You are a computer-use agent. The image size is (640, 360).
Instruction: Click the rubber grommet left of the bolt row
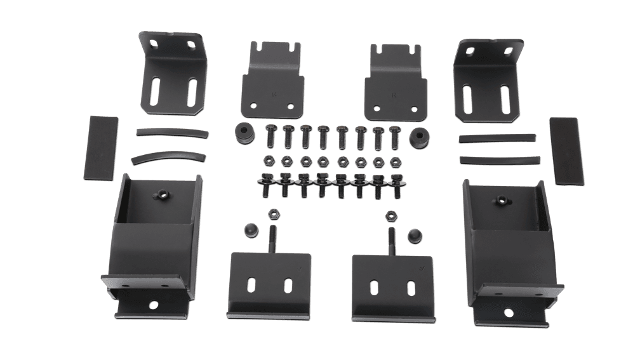pyautogui.click(x=243, y=133)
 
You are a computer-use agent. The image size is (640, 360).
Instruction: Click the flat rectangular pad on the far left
pyautogui.click(x=102, y=147)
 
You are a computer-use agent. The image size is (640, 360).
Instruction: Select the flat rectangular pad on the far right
pyautogui.click(x=565, y=151)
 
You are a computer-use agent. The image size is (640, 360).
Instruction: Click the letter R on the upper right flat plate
pyautogui.click(x=394, y=95)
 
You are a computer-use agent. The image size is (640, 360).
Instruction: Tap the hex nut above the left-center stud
pyautogui.click(x=275, y=211)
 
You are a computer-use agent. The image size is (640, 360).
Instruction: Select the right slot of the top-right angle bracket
pyautogui.click(x=505, y=98)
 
